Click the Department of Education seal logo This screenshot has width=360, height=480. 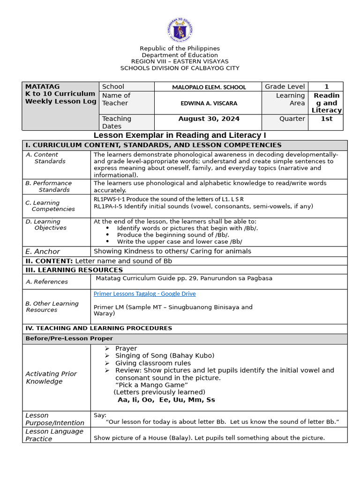coord(180,30)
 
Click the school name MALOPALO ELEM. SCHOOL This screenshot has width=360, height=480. coord(209,87)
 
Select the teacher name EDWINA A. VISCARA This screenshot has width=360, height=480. coord(209,103)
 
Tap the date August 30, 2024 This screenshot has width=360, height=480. coord(209,119)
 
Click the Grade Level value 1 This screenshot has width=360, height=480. coord(326,86)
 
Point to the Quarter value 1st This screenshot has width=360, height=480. coord(326,119)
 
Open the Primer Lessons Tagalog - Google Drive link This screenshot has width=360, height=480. coord(144,293)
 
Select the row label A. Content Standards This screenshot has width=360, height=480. coord(45,158)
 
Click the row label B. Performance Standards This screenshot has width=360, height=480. coord(49,187)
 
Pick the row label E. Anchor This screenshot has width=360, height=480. coord(43,251)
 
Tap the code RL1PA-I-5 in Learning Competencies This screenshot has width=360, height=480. coord(108,206)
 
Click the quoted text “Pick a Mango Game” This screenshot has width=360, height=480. coord(151,385)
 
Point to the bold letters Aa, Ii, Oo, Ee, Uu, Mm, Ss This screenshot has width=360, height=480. coord(166,400)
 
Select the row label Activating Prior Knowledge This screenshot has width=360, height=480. coord(51,377)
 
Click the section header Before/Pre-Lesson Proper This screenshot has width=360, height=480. coord(69,338)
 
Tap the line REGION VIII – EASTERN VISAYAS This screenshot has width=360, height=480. coord(180,61)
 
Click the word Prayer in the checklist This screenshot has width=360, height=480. coord(126,348)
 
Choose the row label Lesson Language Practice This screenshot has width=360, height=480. coord(54,435)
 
